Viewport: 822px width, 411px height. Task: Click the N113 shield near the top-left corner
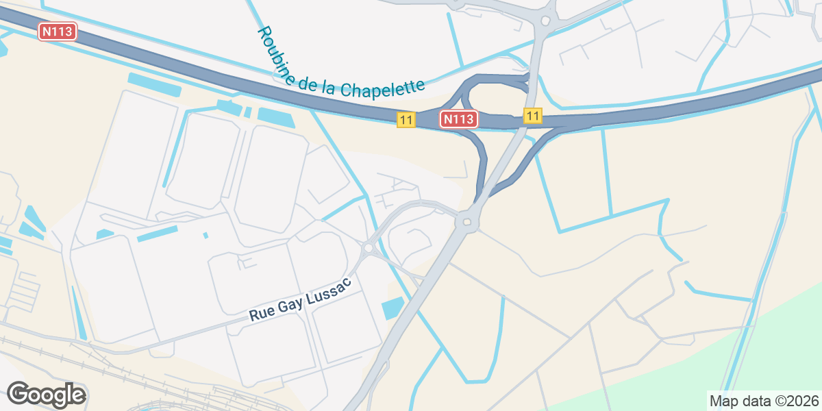(x=58, y=32)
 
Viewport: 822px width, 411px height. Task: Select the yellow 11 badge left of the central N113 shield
(x=406, y=120)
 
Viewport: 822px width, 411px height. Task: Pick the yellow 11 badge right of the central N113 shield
(x=532, y=115)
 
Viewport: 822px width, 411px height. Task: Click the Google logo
(x=47, y=395)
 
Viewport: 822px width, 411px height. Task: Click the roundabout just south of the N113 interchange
(x=467, y=221)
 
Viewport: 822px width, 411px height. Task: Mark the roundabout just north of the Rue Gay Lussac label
(x=369, y=248)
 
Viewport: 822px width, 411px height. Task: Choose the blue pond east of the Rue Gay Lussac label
(x=393, y=308)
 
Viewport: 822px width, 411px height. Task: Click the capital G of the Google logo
(x=18, y=394)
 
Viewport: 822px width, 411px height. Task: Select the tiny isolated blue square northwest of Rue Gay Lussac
(x=206, y=236)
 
